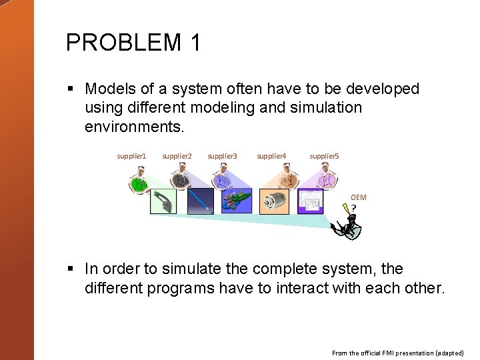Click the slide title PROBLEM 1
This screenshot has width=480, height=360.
click(x=133, y=43)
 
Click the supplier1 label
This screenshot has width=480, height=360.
click(x=131, y=156)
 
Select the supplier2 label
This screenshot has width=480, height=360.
click(x=177, y=156)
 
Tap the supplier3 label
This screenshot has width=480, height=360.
click(x=222, y=156)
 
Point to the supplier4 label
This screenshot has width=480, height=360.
click(x=271, y=156)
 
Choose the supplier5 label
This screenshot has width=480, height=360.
click(x=324, y=156)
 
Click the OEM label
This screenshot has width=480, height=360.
click(x=359, y=197)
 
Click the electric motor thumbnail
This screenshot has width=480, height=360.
click(x=275, y=201)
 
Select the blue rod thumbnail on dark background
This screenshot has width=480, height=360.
click(x=201, y=201)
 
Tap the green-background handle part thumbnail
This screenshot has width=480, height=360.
click(x=163, y=201)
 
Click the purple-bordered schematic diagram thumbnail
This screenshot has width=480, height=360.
click(x=311, y=201)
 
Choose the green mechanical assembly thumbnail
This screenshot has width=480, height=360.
click(x=238, y=201)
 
